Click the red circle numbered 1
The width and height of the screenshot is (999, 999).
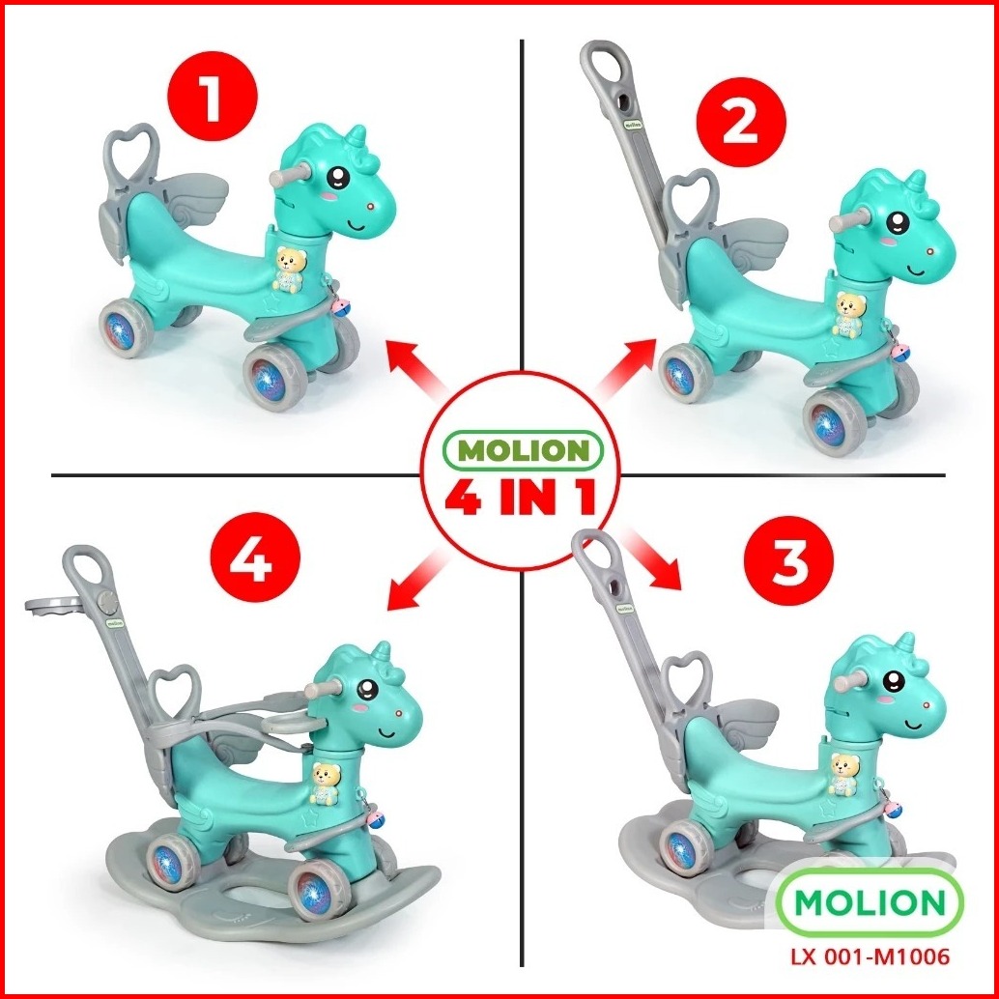tap(213, 96)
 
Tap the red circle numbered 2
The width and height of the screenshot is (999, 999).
tap(741, 123)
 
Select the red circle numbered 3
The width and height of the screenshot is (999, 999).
tap(789, 560)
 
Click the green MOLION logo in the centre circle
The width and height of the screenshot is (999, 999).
tap(523, 450)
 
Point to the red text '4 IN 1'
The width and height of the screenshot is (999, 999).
tap(521, 497)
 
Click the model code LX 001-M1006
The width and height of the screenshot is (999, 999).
tap(870, 956)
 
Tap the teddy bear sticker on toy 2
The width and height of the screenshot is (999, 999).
tap(848, 314)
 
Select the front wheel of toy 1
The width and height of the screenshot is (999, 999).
tap(275, 377)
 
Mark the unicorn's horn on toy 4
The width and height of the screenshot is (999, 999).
tap(381, 652)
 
